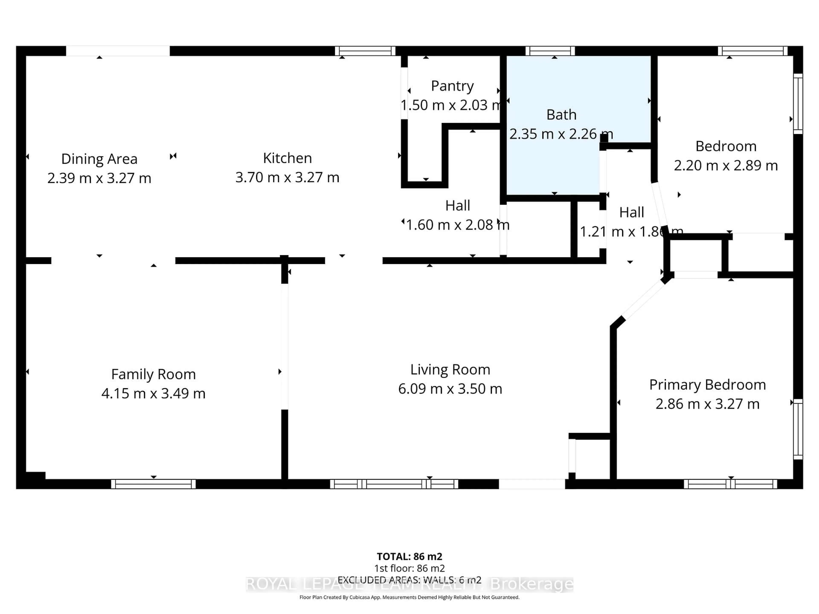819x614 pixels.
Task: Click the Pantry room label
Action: (x=452, y=86)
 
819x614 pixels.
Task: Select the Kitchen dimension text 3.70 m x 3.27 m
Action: (x=287, y=177)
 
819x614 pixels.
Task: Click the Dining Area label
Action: (x=99, y=159)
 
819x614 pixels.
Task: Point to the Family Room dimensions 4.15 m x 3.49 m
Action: (x=153, y=393)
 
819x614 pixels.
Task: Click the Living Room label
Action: (x=450, y=369)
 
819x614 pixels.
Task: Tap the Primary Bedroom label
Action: (x=707, y=385)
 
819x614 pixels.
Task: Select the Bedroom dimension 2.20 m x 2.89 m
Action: (x=726, y=165)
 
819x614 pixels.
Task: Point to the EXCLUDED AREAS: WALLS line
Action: (x=409, y=580)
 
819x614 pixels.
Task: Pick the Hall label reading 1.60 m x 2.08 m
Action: (x=458, y=215)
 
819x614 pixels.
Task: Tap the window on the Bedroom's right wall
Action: (x=798, y=104)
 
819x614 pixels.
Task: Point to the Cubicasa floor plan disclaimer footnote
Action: (x=409, y=597)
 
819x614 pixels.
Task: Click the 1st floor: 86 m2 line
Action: (x=409, y=568)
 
